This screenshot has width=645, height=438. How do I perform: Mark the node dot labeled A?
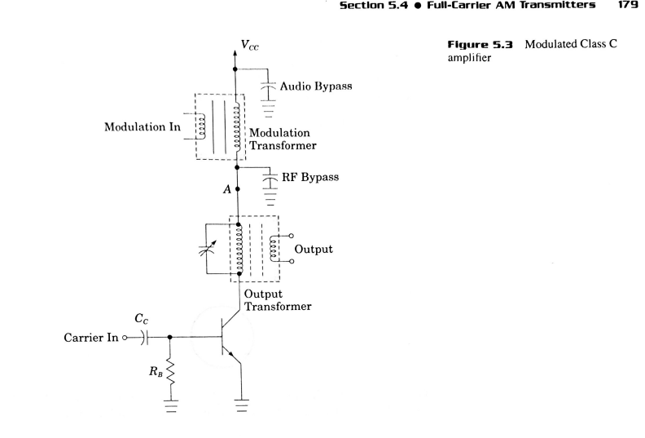pos(236,188)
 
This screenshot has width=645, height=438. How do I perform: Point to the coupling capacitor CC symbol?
pos(146,336)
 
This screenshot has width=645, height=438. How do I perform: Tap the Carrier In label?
pos(95,336)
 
